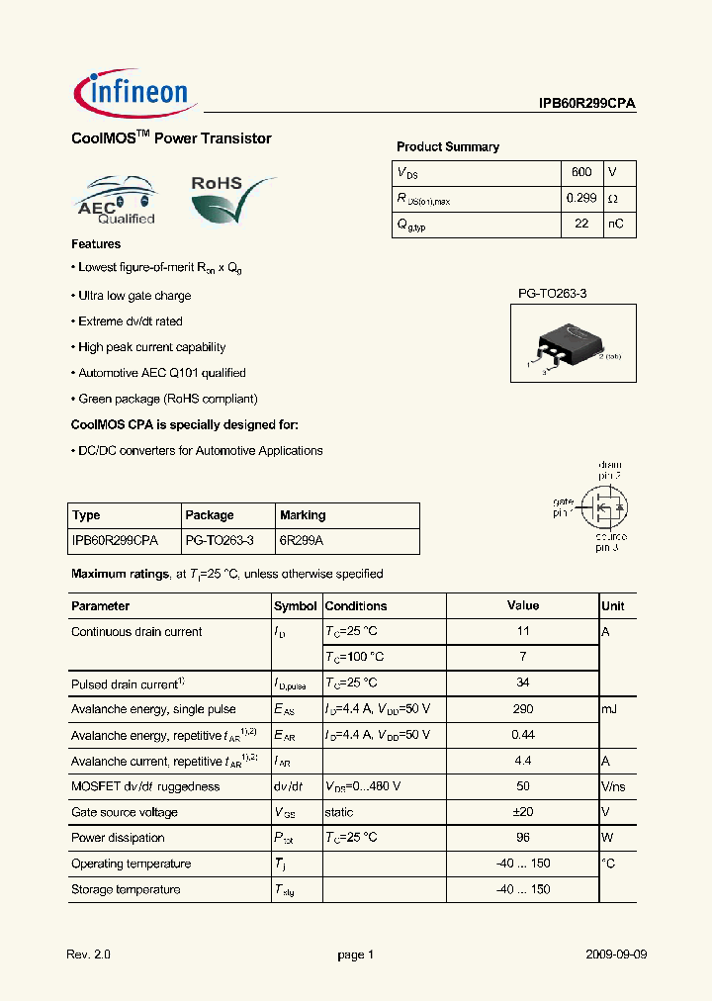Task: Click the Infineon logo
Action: coord(136,94)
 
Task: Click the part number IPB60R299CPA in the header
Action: coord(586,103)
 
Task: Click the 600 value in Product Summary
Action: coord(581,172)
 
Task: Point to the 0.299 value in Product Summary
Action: coord(581,198)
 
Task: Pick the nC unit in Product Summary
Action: coord(615,224)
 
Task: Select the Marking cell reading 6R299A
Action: coord(302,541)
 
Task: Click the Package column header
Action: coord(210,515)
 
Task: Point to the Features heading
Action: coord(96,244)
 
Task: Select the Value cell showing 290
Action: coord(523,709)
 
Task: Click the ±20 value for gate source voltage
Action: coord(523,812)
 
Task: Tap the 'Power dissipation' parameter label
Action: coord(118,838)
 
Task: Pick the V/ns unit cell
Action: coord(615,786)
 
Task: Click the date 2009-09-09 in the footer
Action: coord(614,955)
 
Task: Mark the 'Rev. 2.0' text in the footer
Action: coord(88,955)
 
